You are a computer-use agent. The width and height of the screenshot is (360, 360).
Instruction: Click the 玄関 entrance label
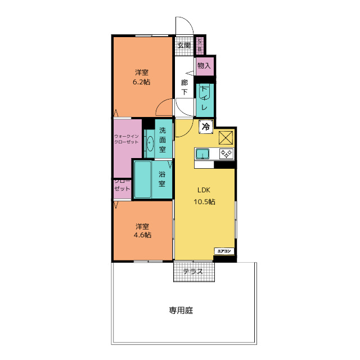coord(184,45)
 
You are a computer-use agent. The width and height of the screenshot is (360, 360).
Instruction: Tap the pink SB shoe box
coord(200,45)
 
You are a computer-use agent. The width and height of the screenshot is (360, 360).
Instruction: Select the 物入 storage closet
coord(205,66)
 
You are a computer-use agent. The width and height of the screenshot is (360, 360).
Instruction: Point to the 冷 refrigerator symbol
coord(206,127)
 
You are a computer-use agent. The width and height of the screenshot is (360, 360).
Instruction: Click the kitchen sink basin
coord(202,154)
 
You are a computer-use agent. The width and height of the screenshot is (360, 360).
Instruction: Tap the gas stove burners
coord(226,154)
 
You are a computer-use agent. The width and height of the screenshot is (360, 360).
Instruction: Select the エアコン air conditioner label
coord(224,251)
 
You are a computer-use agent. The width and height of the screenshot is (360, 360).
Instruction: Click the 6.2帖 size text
coord(141,82)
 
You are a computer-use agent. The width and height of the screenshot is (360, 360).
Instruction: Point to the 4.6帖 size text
coord(142,235)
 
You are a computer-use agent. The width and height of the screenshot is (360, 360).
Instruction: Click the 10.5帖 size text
coord(204,202)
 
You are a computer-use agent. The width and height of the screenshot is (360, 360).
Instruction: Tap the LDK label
coord(204,190)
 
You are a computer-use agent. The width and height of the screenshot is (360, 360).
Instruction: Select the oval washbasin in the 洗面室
coord(150,144)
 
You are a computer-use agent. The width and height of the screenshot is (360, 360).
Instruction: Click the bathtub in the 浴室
coord(143,179)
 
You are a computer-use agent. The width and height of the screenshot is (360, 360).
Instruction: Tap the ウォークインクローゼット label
coord(127,139)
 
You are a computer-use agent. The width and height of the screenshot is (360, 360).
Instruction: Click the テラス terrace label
coord(193,272)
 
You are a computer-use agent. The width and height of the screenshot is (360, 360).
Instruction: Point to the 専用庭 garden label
coord(181,310)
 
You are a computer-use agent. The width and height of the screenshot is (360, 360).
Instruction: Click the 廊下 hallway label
coord(184,87)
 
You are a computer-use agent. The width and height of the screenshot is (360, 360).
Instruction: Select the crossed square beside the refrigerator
coord(226,138)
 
